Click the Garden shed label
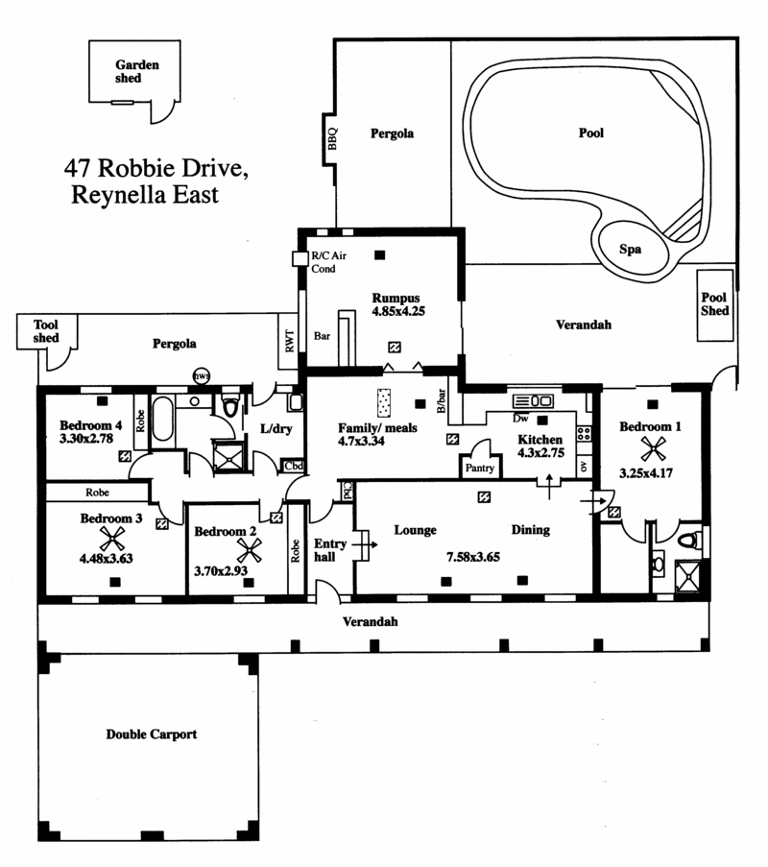point(136,71)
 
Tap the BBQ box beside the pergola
point(330,138)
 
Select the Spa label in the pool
point(631,249)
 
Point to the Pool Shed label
point(714,304)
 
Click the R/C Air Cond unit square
point(300,258)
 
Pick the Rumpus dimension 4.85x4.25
point(398,311)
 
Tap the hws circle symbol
point(202,376)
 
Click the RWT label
point(290,341)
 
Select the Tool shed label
point(46,331)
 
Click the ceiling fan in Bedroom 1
point(653,448)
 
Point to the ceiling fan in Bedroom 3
point(112,539)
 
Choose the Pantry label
point(479,468)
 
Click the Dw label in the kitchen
point(520,419)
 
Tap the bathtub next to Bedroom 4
point(162,418)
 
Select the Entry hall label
point(330,550)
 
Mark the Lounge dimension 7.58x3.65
point(473,557)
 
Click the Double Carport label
point(152,735)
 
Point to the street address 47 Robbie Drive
point(156,168)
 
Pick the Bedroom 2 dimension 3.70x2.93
point(221,571)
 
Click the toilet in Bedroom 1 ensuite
point(689,541)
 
